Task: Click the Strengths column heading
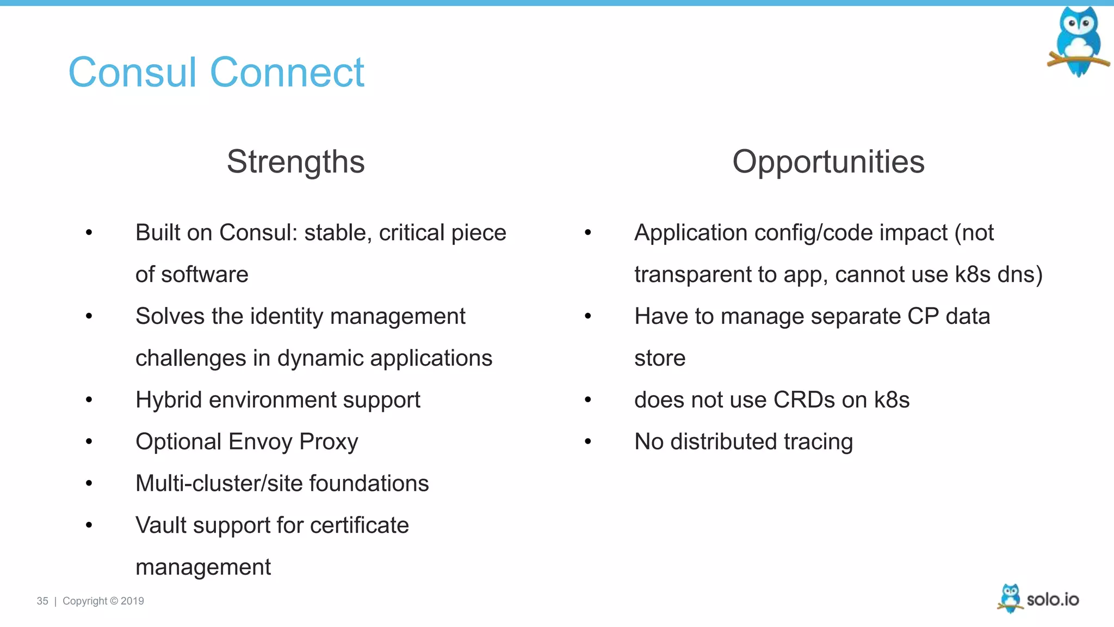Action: (295, 162)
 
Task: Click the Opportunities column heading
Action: (828, 162)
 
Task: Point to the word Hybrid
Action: (169, 400)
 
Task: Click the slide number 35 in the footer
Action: (42, 601)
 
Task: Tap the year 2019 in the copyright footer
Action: (132, 601)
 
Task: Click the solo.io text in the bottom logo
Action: (1053, 599)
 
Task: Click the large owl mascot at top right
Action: (1078, 41)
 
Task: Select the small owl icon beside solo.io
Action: (1010, 598)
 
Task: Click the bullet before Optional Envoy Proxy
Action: (89, 441)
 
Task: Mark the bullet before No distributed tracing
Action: (587, 441)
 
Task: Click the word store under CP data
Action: (659, 358)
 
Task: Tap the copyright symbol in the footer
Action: (114, 601)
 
